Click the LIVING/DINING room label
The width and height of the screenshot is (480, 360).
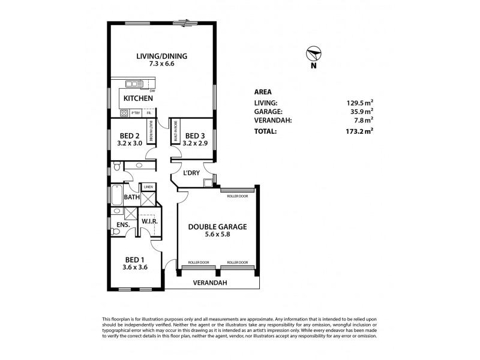pos(161,56)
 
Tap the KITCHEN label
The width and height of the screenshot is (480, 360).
pos(138,98)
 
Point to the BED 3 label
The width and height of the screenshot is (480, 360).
pos(195,135)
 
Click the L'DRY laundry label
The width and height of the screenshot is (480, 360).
pos(191,173)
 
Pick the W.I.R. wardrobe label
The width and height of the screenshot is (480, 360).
pos(149,221)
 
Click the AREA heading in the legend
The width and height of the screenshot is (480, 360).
pos(263,92)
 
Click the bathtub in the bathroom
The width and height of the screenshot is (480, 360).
pos(116,196)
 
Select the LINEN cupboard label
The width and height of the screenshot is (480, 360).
pos(148,187)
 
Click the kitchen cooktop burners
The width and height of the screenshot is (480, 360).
pos(124,112)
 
